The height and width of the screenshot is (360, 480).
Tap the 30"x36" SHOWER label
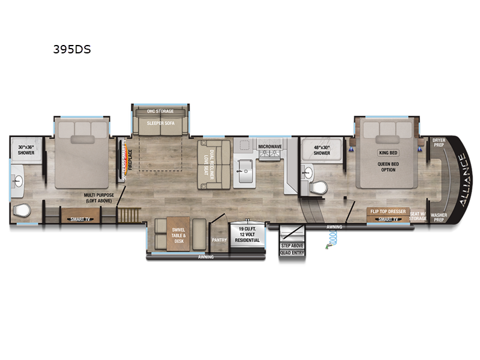[26, 150]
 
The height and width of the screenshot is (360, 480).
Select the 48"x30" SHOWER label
[322, 150]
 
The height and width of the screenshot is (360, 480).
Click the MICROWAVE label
[270, 146]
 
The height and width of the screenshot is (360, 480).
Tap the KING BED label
[388, 153]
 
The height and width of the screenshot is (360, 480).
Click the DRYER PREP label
[439, 142]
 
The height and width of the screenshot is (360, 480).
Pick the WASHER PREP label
[439, 217]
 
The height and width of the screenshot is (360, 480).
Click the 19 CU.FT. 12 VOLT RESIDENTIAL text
[248, 235]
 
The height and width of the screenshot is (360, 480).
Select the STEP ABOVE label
[292, 245]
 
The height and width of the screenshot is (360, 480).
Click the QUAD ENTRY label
[292, 253]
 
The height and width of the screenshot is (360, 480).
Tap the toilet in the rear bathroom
[22, 211]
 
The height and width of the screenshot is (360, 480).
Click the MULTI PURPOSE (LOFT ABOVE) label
[100, 199]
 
